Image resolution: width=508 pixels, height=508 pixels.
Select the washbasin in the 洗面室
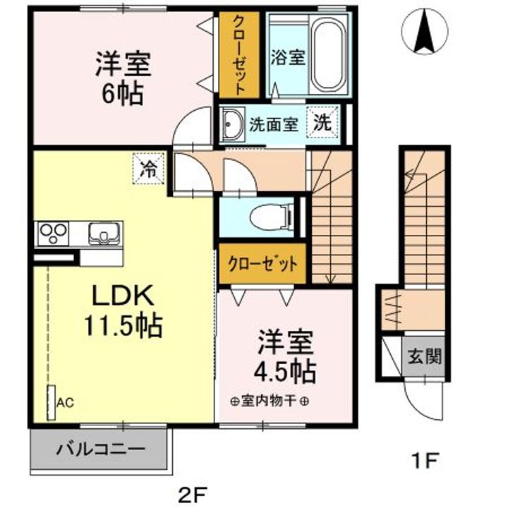tap(231, 125)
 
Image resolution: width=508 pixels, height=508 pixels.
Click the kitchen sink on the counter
tap(104, 234)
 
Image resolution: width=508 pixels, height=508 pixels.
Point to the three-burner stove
tap(53, 234)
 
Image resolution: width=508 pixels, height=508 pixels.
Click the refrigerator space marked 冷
tap(149, 169)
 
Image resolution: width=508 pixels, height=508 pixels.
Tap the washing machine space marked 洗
tap(322, 123)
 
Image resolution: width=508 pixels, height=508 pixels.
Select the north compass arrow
tap(425, 32)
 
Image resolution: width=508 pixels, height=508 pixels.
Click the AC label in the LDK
tap(66, 403)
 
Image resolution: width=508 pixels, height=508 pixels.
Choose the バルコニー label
tap(100, 449)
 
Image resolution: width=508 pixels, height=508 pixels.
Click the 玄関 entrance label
tap(425, 356)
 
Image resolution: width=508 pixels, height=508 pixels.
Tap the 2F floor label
tap(193, 495)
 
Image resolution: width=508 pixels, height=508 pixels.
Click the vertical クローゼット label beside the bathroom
tap(239, 55)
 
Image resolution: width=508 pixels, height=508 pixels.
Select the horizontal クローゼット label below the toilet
tap(262, 264)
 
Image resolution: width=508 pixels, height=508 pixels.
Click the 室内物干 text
tap(269, 401)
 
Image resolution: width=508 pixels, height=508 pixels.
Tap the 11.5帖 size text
tap(123, 325)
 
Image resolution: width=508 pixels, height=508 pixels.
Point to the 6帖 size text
tap(123, 93)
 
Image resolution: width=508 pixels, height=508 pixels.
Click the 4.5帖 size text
tap(285, 371)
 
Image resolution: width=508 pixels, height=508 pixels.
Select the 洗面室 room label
tap(274, 123)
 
